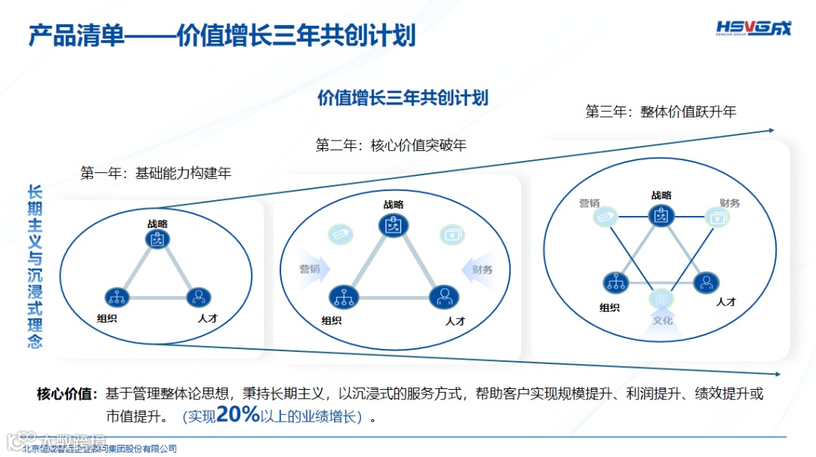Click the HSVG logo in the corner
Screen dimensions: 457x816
point(753,29)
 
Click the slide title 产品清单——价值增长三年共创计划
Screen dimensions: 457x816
point(222,35)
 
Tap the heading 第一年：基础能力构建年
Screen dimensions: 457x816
point(156,173)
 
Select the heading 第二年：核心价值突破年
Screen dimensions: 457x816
point(391,144)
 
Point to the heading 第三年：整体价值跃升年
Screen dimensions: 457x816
point(660,112)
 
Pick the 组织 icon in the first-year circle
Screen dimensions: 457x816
point(117,296)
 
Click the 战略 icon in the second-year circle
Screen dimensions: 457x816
point(394,225)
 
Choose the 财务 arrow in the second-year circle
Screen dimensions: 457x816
point(478,270)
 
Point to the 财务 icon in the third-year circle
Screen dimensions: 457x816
point(716,218)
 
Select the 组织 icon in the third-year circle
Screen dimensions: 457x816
point(616,283)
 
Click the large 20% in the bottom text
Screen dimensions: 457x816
point(238,414)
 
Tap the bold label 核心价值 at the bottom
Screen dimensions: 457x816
point(66,394)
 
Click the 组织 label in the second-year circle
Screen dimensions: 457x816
point(332,320)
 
